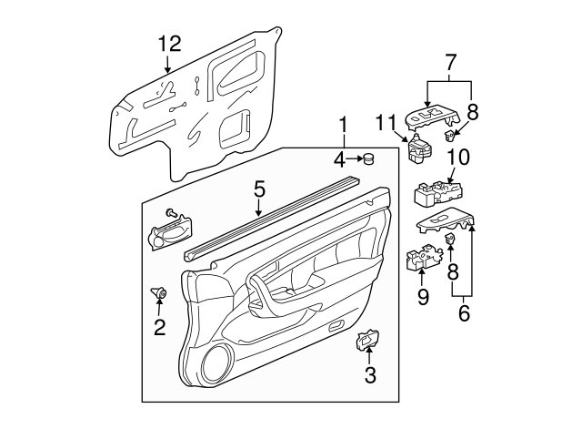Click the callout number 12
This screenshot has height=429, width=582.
(x=168, y=43)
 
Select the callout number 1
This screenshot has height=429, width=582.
(x=343, y=124)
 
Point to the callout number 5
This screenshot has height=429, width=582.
(x=259, y=189)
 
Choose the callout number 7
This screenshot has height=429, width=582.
(x=449, y=64)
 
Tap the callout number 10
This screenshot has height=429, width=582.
(x=457, y=157)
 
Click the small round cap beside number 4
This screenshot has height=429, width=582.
(x=370, y=160)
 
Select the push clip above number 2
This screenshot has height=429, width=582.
(x=159, y=292)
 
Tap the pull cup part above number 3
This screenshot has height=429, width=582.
(x=367, y=341)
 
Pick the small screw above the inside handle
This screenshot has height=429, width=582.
(x=170, y=211)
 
